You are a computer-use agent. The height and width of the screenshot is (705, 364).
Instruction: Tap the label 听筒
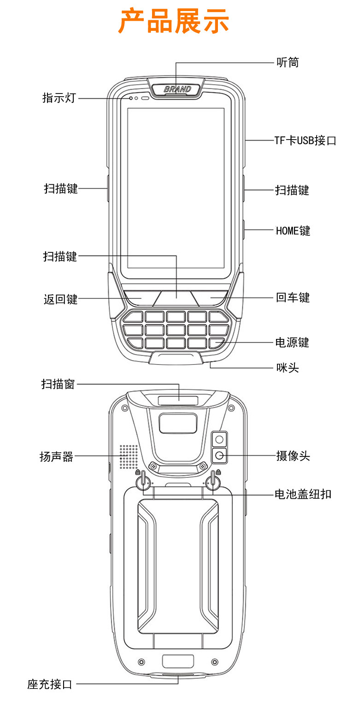288,62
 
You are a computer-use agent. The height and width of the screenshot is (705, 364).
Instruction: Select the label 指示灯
59,98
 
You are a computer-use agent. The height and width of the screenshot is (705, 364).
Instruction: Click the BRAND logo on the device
177,89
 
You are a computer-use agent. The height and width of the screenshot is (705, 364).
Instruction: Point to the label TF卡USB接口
305,140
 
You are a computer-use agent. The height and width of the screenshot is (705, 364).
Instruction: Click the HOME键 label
293,230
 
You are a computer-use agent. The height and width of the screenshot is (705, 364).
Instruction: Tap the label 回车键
293,297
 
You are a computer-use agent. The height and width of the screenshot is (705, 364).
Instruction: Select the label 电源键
292,343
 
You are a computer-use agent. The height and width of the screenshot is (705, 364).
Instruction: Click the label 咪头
288,367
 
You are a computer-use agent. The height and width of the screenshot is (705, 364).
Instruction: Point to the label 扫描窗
58,384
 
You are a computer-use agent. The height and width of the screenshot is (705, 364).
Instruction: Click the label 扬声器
57,457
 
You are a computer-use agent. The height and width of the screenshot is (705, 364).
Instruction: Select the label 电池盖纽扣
303,495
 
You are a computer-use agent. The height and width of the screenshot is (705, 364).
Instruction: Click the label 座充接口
50,684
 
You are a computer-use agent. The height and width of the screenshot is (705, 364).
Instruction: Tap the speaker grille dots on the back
129,456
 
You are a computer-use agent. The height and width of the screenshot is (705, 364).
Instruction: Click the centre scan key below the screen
176,298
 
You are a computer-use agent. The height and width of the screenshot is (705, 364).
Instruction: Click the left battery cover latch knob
143,482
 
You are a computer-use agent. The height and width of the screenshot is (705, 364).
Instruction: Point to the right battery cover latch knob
213,482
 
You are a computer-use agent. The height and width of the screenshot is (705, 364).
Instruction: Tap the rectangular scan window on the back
178,400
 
